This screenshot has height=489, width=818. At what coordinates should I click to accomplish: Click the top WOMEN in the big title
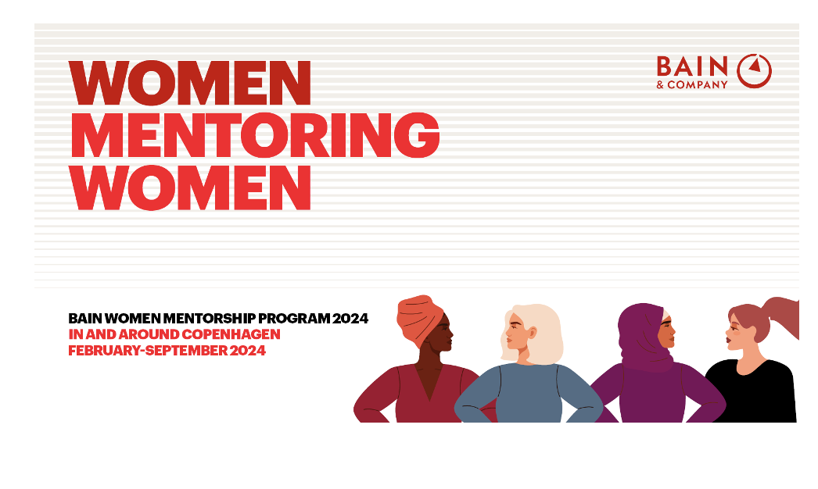tap(190, 83)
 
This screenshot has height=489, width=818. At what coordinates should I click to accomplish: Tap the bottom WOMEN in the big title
tap(190, 186)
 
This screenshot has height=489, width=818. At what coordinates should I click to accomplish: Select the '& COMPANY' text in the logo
tap(692, 84)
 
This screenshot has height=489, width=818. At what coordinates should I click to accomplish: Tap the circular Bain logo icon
tap(755, 70)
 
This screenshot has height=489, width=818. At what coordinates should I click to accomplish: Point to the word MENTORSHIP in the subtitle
tap(223, 319)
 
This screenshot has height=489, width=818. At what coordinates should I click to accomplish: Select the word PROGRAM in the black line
tap(298, 319)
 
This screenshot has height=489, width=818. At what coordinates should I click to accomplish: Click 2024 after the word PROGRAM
tap(350, 319)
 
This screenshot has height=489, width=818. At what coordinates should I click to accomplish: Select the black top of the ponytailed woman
tap(755, 394)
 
